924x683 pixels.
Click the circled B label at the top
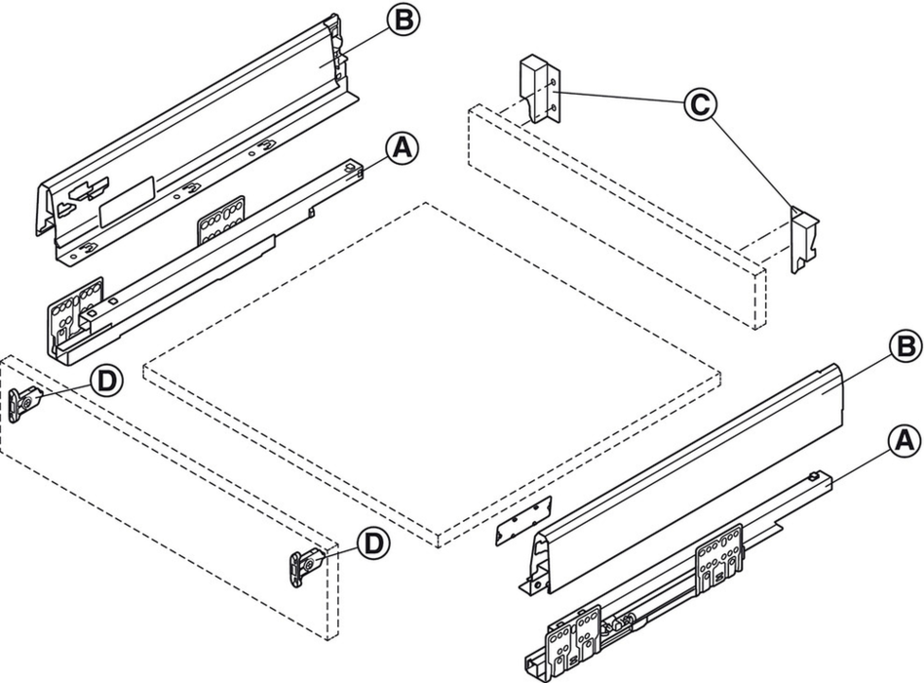pos(404,20)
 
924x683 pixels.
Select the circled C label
pos(700,105)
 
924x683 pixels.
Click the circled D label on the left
pos(106,382)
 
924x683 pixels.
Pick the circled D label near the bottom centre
pos(373,543)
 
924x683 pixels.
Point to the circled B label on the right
pos(905,347)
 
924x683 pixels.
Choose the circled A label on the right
pos(905,441)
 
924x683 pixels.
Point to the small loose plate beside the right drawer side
pos(523,521)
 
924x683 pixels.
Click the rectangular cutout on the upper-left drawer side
pos(127,200)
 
